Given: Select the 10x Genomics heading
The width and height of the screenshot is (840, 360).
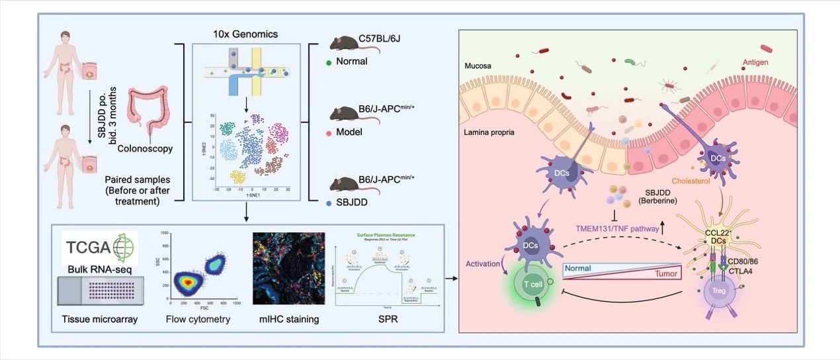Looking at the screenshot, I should pos(245,33).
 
